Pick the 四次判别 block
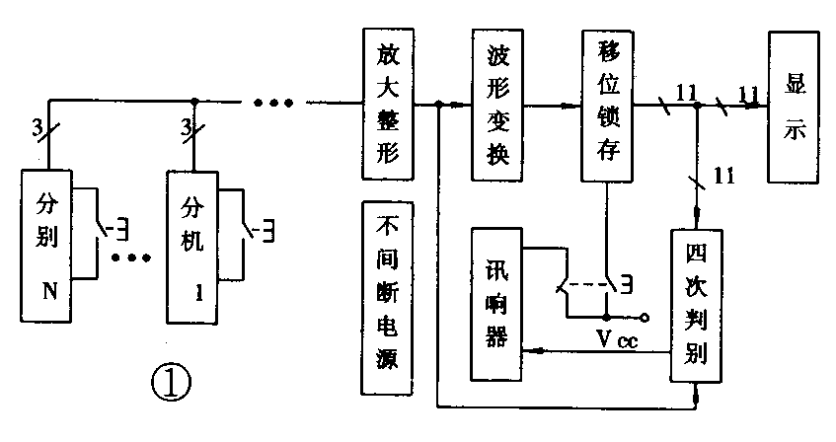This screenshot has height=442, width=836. click(x=699, y=305)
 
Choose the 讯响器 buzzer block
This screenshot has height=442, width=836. click(x=496, y=304)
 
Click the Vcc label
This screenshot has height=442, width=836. click(x=611, y=340)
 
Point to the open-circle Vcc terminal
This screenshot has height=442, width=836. click(x=647, y=319)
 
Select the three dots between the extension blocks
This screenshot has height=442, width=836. click(x=130, y=259)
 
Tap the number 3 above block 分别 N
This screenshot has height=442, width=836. click(x=37, y=126)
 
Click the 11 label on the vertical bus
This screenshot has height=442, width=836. click(x=723, y=177)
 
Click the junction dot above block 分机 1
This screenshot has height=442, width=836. click(x=194, y=101)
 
